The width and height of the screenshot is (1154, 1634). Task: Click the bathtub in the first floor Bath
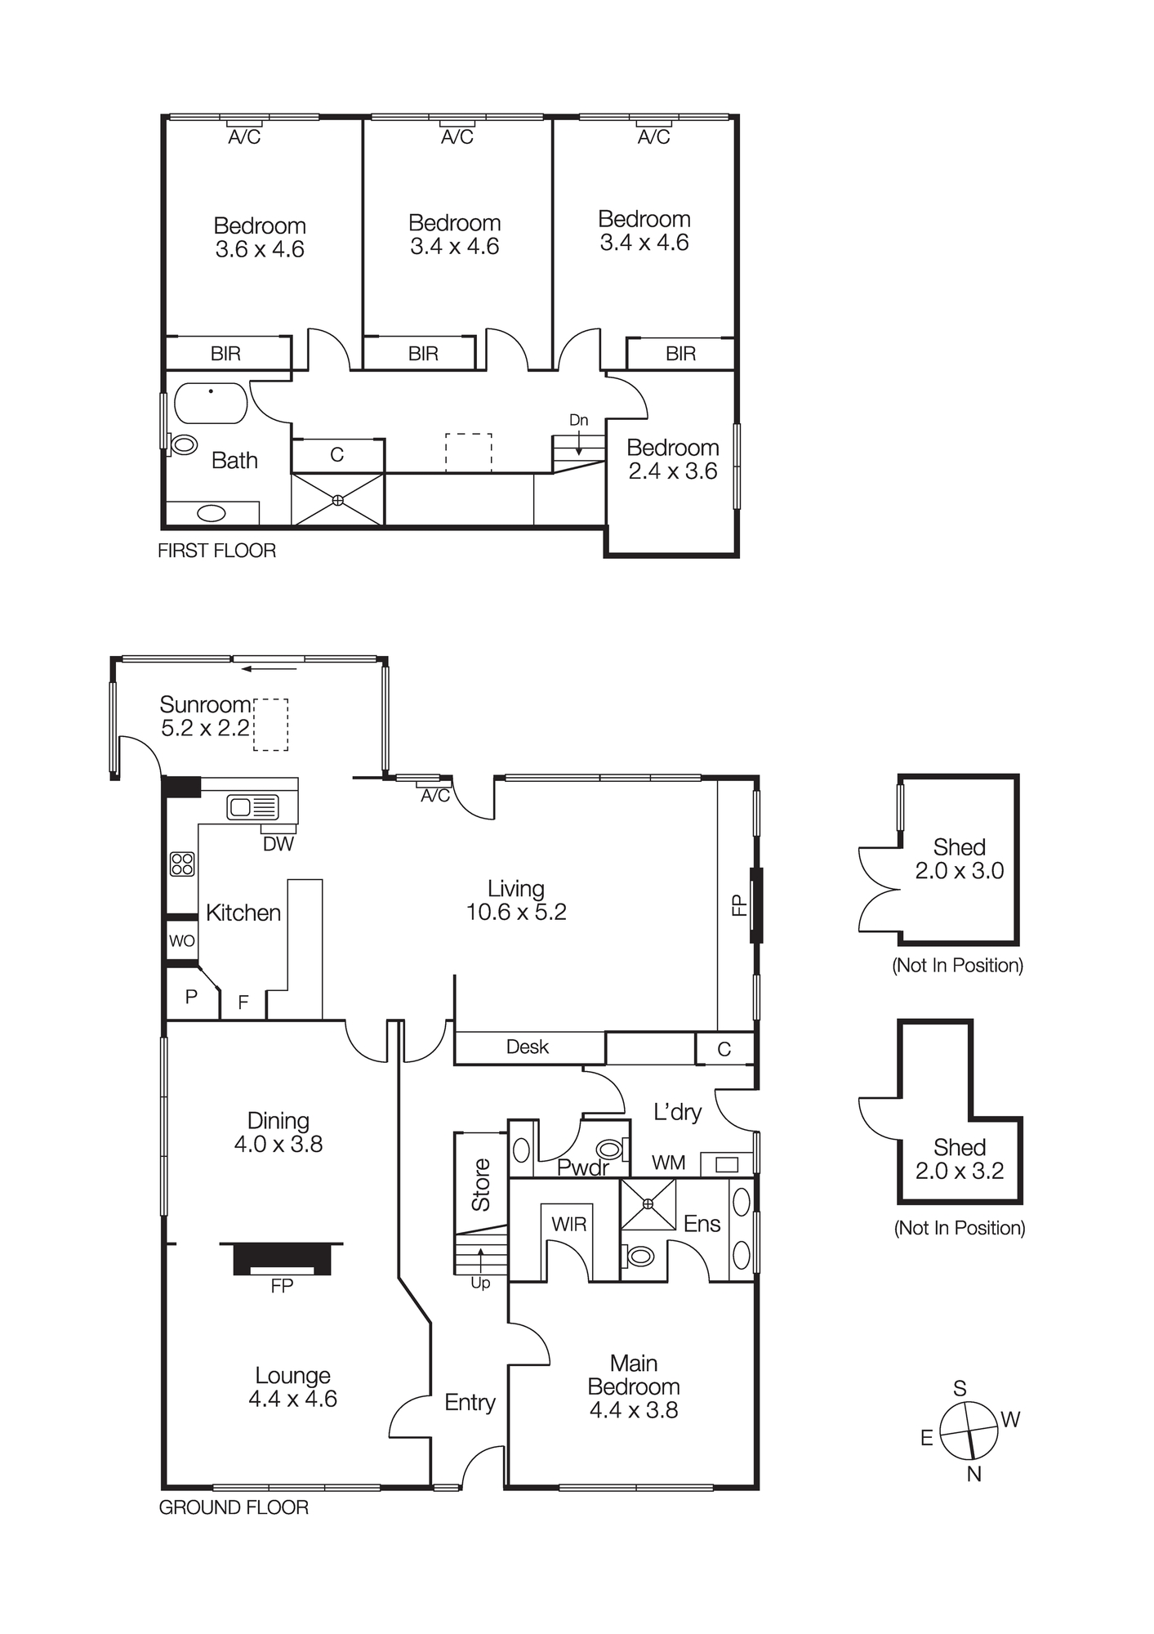click(x=211, y=403)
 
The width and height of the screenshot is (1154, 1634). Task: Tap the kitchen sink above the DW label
click(x=252, y=807)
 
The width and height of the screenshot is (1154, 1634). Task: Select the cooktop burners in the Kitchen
click(x=182, y=864)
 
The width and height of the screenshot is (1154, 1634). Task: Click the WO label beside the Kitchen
click(x=181, y=941)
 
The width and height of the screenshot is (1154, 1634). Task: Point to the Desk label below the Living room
click(x=528, y=1047)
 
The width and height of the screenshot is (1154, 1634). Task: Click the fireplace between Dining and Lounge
click(x=282, y=1259)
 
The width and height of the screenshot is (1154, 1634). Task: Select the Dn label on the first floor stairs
click(x=578, y=420)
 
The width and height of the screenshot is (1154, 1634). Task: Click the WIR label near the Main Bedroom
click(x=568, y=1224)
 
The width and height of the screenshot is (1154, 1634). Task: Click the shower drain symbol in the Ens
click(x=648, y=1204)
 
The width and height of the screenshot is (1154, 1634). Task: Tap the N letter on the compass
click(x=974, y=1474)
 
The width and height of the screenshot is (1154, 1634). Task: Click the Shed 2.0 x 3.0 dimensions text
click(x=959, y=871)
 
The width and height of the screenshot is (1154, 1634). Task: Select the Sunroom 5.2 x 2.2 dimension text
click(x=205, y=728)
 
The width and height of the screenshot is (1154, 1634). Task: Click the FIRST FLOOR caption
click(x=216, y=551)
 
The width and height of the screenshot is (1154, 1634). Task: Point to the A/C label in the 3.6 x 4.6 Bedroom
click(x=243, y=137)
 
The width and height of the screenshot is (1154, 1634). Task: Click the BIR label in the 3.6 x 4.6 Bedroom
click(x=225, y=354)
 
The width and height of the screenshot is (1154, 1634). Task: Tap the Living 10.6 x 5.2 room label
click(x=515, y=900)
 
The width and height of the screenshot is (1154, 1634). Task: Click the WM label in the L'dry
click(x=668, y=1163)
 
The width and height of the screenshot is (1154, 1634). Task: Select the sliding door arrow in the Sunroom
click(x=269, y=669)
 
